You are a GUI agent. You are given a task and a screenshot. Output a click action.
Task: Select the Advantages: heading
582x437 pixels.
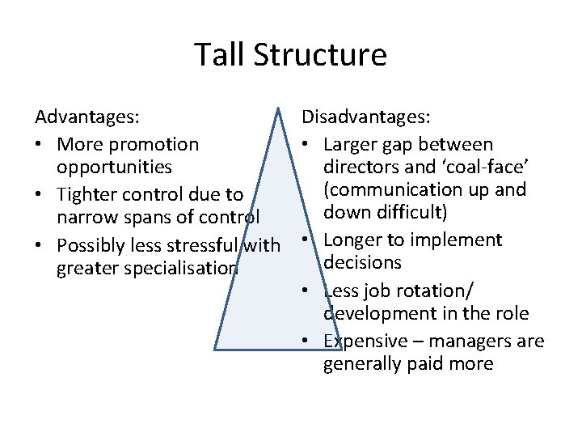click(x=87, y=117)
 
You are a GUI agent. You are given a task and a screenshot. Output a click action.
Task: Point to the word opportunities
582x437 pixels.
click(x=114, y=167)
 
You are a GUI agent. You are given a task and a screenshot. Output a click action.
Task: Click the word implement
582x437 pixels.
click(x=460, y=240)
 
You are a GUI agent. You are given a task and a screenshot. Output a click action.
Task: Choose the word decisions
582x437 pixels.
click(x=362, y=262)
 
